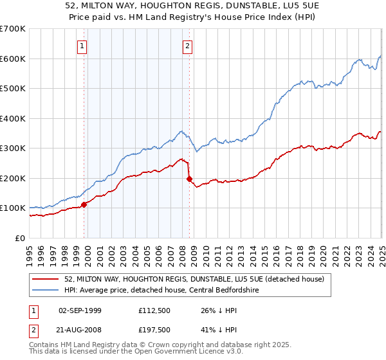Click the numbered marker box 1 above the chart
(84, 46)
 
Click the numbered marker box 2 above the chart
(187, 46)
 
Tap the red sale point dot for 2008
(189, 179)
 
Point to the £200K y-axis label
(13, 178)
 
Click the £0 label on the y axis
(20, 238)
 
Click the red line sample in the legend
(46, 278)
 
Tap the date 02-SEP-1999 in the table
(80, 310)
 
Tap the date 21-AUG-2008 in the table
(80, 330)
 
